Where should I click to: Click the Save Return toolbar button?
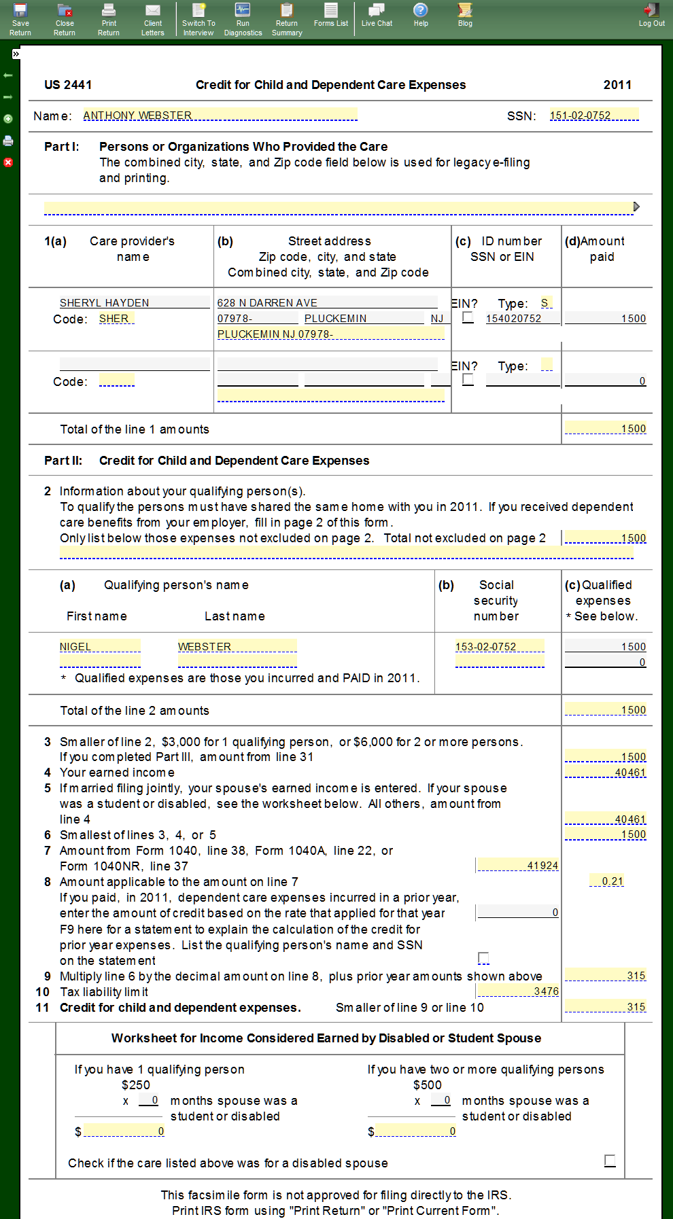(x=20, y=18)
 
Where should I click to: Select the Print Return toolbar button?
(x=109, y=18)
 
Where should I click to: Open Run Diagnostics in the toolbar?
(x=243, y=18)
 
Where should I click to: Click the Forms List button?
(x=331, y=15)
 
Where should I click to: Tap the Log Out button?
(x=651, y=15)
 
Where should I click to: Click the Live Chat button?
(x=377, y=15)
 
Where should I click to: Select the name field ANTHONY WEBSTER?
(x=220, y=116)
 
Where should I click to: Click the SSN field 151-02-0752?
(x=593, y=116)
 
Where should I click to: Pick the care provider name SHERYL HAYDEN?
(x=134, y=303)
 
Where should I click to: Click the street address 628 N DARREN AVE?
(x=326, y=303)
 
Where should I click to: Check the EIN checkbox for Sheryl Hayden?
(x=468, y=317)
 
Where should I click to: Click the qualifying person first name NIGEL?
(x=99, y=647)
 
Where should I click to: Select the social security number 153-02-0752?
(x=499, y=647)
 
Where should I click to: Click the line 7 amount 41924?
(x=517, y=866)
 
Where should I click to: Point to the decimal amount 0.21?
(x=606, y=881)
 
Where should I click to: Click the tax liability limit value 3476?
(x=517, y=991)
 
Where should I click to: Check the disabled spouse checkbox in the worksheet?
(x=610, y=1161)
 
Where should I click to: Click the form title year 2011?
(x=617, y=85)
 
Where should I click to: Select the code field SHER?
(x=116, y=319)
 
